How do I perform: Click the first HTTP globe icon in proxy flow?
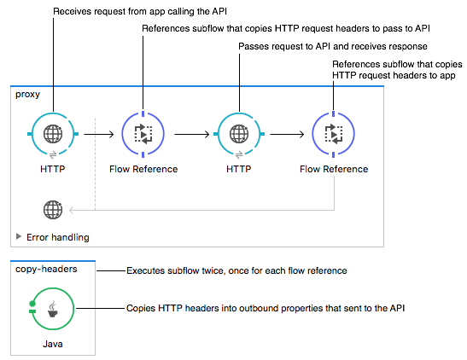tap(53, 134)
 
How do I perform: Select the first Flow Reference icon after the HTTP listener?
tap(143, 134)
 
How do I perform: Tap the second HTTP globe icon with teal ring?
tap(238, 134)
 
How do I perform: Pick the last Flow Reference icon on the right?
tap(334, 134)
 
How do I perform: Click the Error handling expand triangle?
tap(19, 236)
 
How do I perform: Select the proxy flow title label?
tap(27, 94)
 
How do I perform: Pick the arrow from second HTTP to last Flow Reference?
tap(287, 134)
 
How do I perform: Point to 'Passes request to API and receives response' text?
tap(332, 46)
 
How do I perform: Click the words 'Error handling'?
tap(57, 237)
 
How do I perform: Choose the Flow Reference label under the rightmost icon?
tap(334, 169)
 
